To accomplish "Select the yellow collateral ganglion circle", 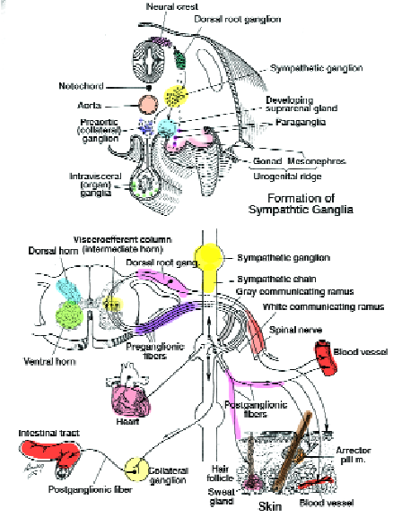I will point(139,470).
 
